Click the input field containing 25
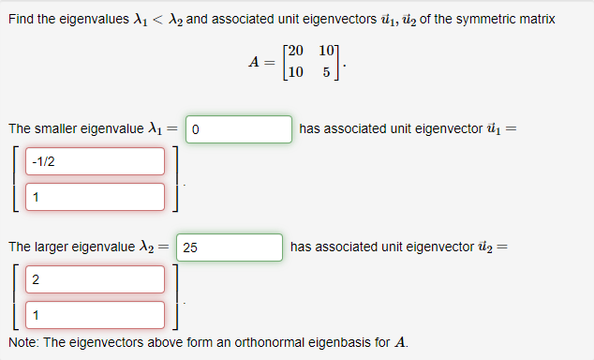coord(229,247)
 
